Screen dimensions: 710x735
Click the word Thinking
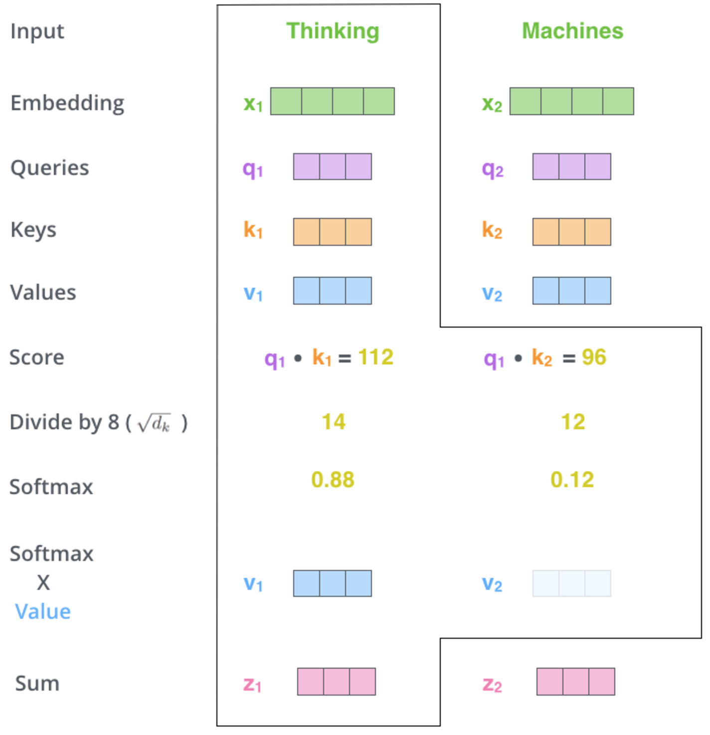pyautogui.click(x=333, y=32)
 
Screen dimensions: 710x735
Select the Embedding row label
pyautogui.click(x=67, y=104)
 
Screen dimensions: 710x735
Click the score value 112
pyautogui.click(x=375, y=357)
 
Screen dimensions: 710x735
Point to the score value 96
pyautogui.click(x=594, y=357)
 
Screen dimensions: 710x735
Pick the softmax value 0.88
pyautogui.click(x=333, y=480)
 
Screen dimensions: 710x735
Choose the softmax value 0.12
pyautogui.click(x=572, y=480)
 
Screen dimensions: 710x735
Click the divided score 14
pyautogui.click(x=334, y=422)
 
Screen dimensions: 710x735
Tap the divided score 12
pyautogui.click(x=573, y=422)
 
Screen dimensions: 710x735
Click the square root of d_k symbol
pyautogui.click(x=154, y=423)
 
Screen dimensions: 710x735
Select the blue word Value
pyautogui.click(x=43, y=611)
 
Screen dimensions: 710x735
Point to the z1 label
pyautogui.click(x=252, y=684)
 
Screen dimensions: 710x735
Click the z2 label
pyautogui.click(x=492, y=684)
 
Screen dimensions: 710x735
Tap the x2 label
pyautogui.click(x=492, y=104)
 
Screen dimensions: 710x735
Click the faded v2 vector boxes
pyautogui.click(x=571, y=583)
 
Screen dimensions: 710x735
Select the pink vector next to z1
pyautogui.click(x=336, y=681)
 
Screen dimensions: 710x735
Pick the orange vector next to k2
pyautogui.click(x=571, y=231)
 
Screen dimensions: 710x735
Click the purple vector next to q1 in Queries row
pyautogui.click(x=333, y=167)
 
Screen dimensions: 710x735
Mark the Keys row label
pyautogui.click(x=33, y=230)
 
